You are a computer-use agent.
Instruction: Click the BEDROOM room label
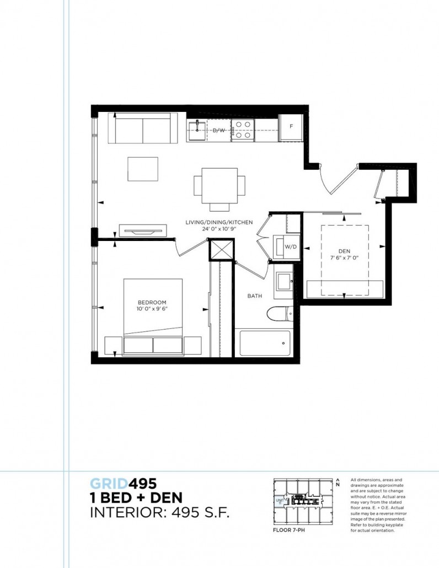pyautogui.click(x=152, y=302)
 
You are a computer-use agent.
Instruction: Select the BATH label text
pyautogui.click(x=254, y=296)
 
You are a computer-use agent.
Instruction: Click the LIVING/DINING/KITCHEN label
pyautogui.click(x=219, y=222)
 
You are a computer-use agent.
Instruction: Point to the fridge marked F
pyautogui.click(x=291, y=126)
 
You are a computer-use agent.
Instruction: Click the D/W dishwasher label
pyautogui.click(x=219, y=130)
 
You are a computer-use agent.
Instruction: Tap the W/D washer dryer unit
pyautogui.click(x=290, y=247)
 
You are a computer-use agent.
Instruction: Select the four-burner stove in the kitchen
pyautogui.click(x=242, y=130)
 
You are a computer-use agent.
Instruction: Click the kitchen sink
pyautogui.click(x=196, y=130)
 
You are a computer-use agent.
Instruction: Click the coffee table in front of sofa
pyautogui.click(x=143, y=169)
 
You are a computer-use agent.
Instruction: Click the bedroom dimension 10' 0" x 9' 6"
pyautogui.click(x=152, y=309)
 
